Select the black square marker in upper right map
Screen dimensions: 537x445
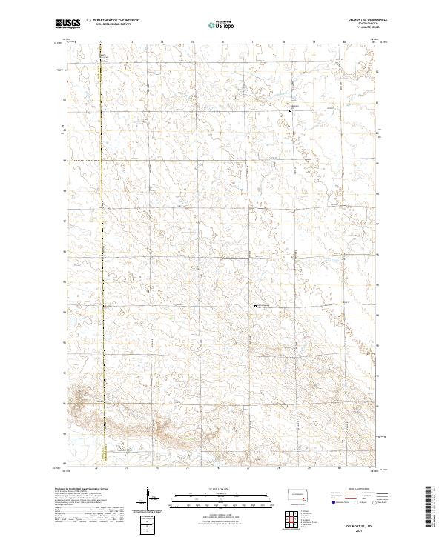(290, 110)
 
